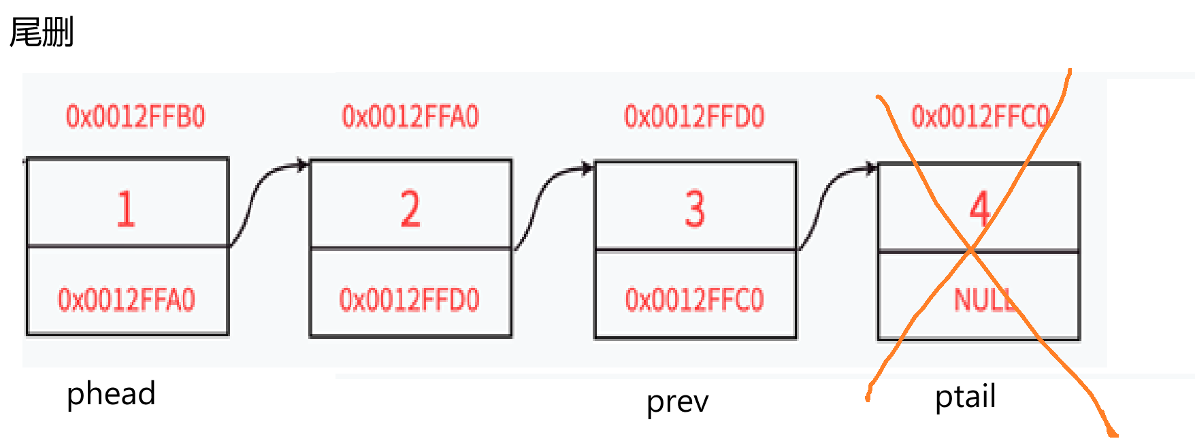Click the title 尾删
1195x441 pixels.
(42, 32)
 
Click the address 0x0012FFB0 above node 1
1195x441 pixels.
(135, 116)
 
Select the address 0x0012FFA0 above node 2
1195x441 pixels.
(410, 116)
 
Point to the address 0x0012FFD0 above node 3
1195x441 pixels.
(694, 116)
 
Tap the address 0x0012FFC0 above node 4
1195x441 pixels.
(980, 116)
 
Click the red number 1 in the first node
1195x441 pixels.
(126, 208)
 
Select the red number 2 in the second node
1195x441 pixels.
(410, 208)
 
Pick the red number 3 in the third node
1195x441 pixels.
(694, 208)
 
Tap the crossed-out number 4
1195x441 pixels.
(979, 208)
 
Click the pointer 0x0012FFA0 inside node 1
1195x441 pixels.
(127, 299)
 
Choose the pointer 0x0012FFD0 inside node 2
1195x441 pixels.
(410, 299)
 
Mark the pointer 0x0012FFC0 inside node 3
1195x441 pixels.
(694, 299)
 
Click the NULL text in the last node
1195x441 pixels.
(984, 299)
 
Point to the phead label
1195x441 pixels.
(111, 394)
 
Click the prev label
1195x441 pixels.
(677, 402)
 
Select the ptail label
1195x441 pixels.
(965, 396)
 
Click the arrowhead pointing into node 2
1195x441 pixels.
(303, 165)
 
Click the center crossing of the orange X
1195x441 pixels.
(972, 250)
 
